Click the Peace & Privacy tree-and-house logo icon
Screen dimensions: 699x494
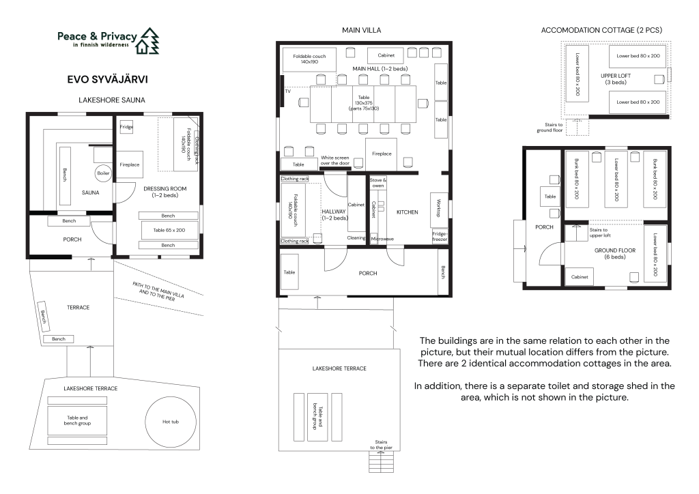pos(147,40)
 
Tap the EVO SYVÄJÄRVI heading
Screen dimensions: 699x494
pos(107,79)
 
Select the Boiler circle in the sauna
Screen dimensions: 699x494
pos(103,173)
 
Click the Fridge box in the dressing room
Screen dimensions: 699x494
pos(126,127)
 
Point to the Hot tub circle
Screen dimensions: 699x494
pos(171,422)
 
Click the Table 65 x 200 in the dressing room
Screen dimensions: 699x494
pos(169,231)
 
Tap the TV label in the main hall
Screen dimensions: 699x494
pos(287,91)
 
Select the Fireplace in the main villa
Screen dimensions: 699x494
pos(382,154)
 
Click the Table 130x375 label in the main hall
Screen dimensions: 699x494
pos(364,103)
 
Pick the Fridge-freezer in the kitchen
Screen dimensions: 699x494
pos(440,237)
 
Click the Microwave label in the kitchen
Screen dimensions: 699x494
pos(382,239)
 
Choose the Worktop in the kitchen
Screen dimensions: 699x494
pos(439,208)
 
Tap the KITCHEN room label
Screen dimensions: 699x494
pos(408,212)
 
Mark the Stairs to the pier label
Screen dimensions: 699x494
pos(381,445)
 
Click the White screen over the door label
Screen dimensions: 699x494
pos(334,160)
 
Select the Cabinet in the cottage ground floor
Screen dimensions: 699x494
pos(580,276)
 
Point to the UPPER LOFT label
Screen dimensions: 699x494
pos(616,79)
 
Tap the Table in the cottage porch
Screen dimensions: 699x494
pos(550,197)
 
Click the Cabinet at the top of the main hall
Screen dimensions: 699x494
pos(386,56)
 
